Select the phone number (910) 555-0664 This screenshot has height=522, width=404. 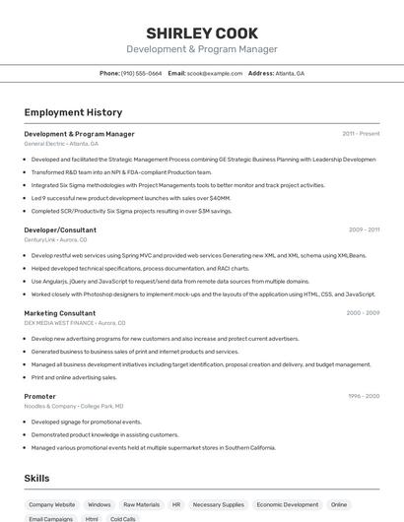coord(141,73)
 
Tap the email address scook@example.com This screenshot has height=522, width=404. coord(215,73)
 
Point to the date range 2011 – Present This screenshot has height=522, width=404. coord(361,133)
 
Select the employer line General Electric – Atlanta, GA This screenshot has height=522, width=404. coord(61,143)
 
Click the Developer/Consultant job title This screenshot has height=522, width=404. coord(60,229)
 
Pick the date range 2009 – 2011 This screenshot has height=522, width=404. coord(364,229)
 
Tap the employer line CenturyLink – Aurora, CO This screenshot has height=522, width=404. coord(55,239)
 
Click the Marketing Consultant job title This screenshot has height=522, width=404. coord(60,313)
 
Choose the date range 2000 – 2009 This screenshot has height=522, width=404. coord(363,313)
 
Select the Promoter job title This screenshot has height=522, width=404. coord(40,396)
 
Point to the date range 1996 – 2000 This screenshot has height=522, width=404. coord(363,396)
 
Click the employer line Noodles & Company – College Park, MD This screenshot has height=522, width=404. coord(74,406)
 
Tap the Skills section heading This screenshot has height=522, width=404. coord(37,478)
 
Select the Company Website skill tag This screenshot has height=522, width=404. coord(51,504)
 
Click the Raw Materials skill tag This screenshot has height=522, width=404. coord(141,504)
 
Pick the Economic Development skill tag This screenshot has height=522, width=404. coord(287,504)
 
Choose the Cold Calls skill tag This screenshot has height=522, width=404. coord(123,518)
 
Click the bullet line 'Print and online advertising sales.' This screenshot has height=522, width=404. coord(74,376)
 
